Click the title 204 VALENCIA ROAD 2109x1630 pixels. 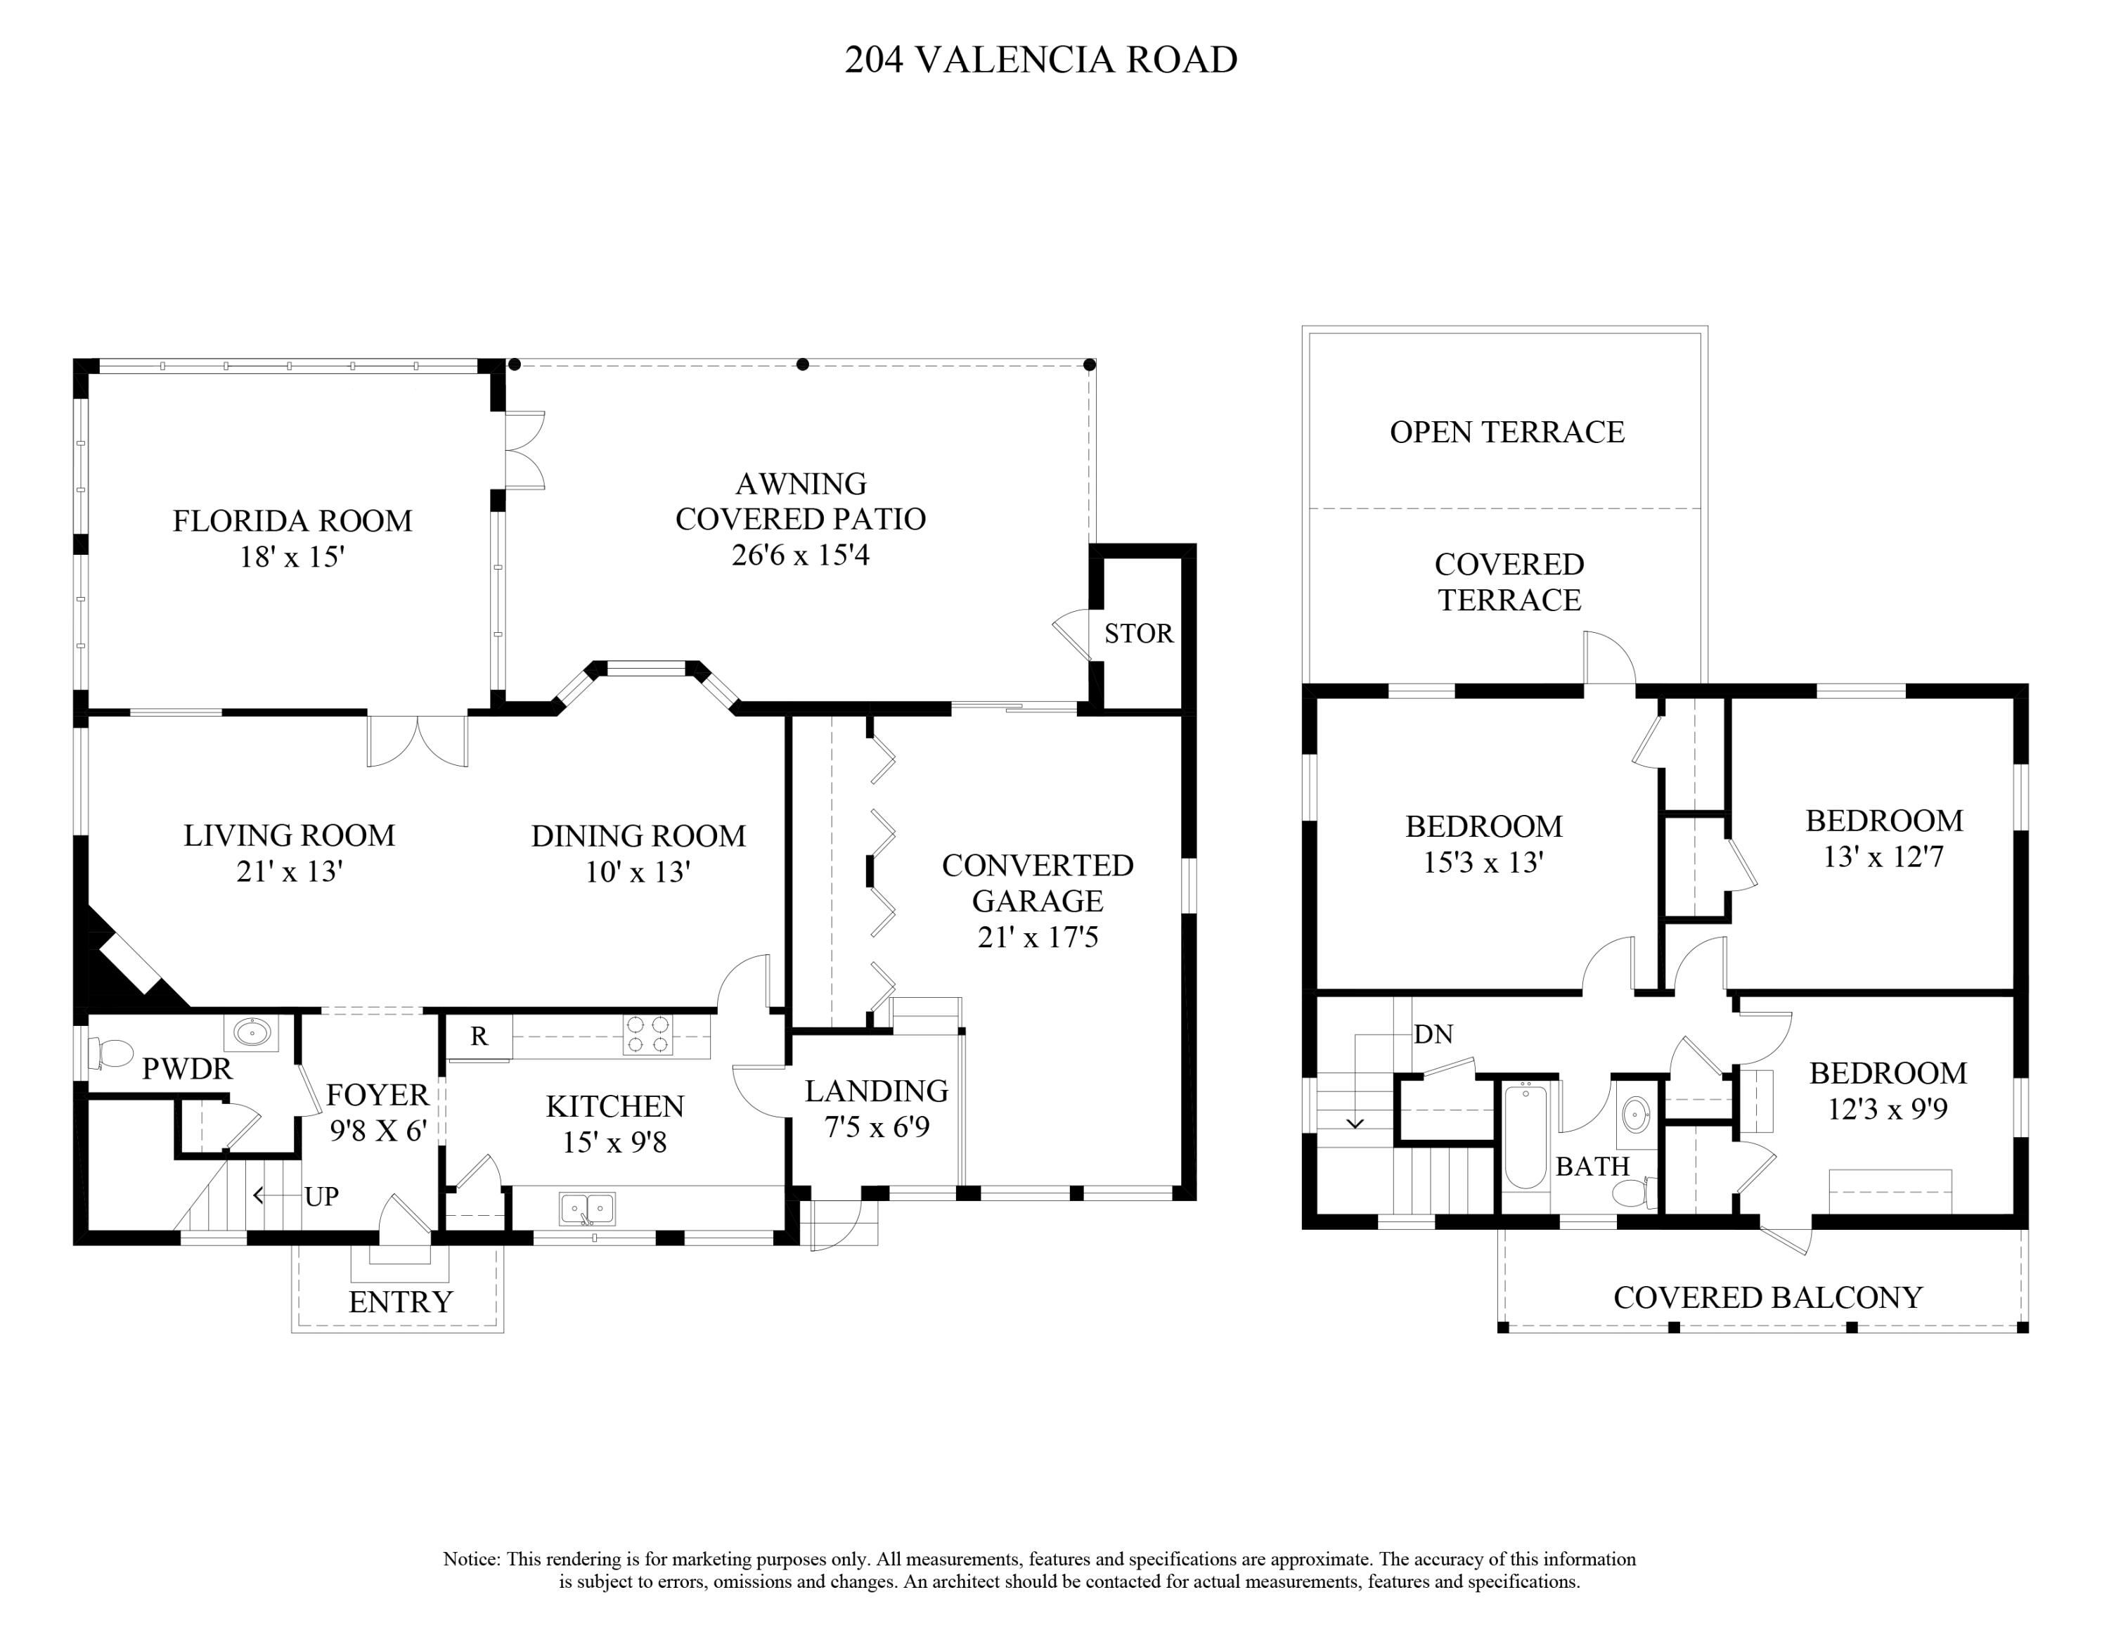1041,60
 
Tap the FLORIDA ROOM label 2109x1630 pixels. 292,522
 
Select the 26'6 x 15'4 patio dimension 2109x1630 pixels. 801,556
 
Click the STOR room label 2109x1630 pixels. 1139,634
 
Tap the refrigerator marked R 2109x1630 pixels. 479,1037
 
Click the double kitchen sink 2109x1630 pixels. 587,1208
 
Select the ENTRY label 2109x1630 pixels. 401,1302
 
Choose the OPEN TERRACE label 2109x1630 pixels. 1507,432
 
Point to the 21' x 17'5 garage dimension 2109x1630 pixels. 1038,937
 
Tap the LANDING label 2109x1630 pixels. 877,1091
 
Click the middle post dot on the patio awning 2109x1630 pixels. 802,364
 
